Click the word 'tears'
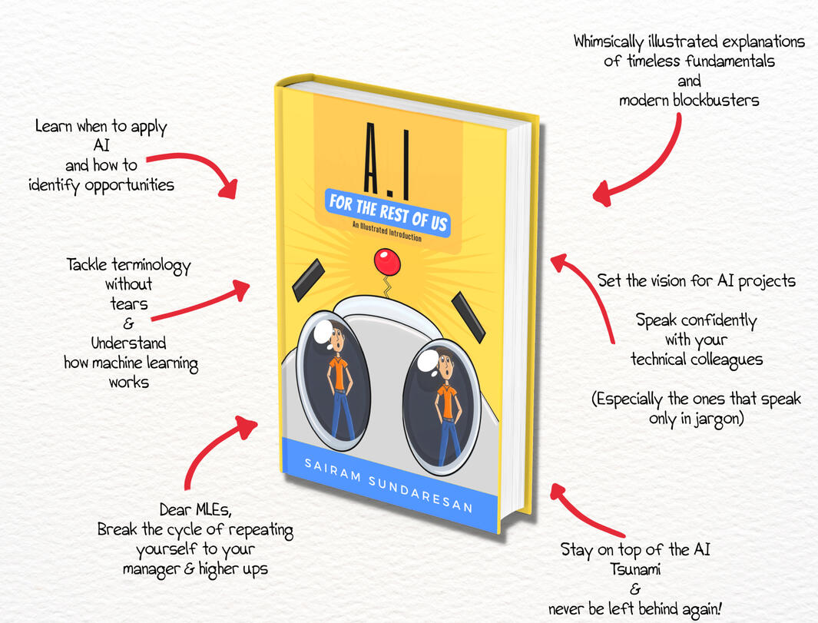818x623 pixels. click(128, 304)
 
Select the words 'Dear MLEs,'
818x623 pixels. click(194, 510)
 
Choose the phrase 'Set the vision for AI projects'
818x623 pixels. click(697, 280)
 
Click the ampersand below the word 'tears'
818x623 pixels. click(128, 324)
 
